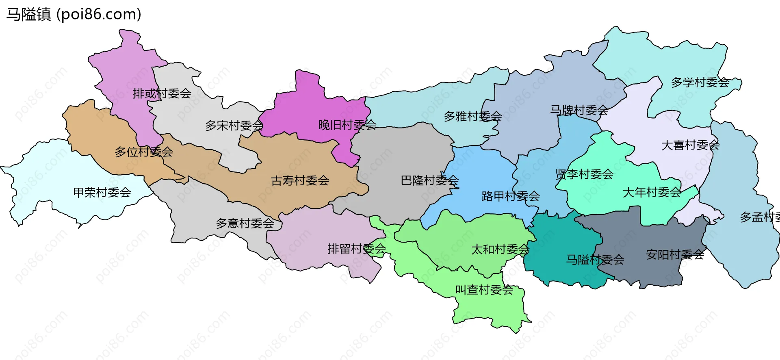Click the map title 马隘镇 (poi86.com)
pos(74,14)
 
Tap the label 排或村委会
pos(162,93)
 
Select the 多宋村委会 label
pos(234,126)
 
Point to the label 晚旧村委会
pos(347,125)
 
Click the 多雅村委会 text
pos(473,116)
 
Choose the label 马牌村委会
pos(579,110)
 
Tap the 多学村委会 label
pos(700,82)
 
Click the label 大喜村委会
pos(690,145)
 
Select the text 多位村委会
pos(144,152)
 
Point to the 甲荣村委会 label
pos(102,192)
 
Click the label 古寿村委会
pos(300,180)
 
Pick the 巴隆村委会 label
pos(430,180)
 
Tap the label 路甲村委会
pos(511,196)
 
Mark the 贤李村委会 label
pos(584,174)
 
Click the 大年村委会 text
pos(652,192)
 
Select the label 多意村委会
pos(245,223)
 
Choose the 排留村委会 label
pos(357,249)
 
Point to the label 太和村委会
pos(500,249)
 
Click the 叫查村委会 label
pos(484,290)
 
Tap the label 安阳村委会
pos(675,255)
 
